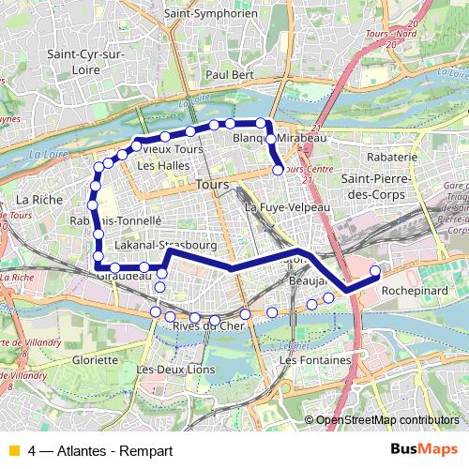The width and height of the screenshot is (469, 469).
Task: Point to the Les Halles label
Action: pos(157,166)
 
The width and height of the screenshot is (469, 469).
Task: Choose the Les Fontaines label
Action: pos(314,360)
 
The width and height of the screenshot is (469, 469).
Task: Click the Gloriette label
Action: pos(96,359)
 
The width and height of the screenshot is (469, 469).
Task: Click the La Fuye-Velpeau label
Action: pos(287,206)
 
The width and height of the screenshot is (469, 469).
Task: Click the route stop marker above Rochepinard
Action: pos(375,272)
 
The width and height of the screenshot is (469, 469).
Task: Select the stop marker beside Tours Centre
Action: pos(279,170)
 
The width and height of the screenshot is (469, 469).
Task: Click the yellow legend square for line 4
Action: pos(13,449)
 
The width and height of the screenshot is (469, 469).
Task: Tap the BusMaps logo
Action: pos(424,449)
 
